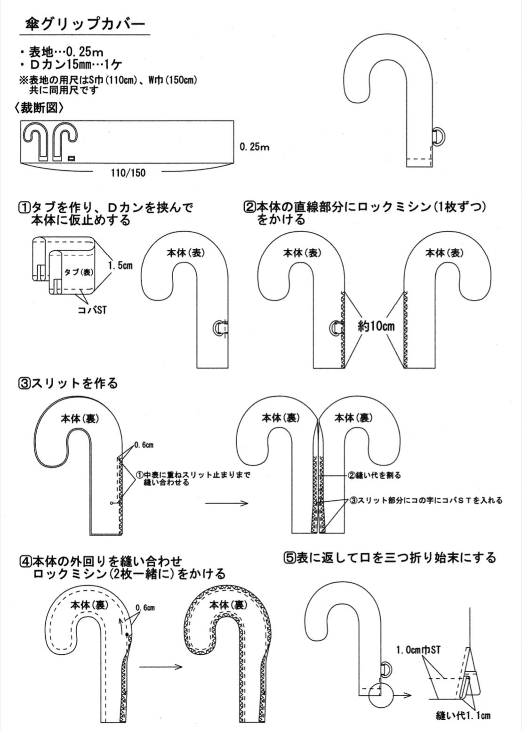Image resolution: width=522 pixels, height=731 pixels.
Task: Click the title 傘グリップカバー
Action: (x=85, y=25)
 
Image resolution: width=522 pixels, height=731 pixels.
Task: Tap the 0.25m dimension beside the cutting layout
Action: (x=255, y=147)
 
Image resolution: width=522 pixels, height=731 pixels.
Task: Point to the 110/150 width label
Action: (x=128, y=173)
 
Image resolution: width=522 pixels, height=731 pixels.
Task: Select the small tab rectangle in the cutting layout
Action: (x=71, y=158)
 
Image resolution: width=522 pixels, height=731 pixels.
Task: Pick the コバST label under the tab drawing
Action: (x=92, y=309)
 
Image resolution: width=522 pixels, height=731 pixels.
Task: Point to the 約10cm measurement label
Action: (x=376, y=326)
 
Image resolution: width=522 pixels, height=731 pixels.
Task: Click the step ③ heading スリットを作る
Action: (x=67, y=384)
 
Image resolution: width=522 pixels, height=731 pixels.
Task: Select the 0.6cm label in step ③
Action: (x=144, y=444)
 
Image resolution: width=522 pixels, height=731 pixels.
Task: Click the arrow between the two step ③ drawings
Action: (x=226, y=512)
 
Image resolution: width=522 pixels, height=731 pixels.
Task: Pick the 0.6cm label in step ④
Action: (x=145, y=608)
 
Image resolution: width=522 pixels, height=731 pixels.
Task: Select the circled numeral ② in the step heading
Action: (x=249, y=208)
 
